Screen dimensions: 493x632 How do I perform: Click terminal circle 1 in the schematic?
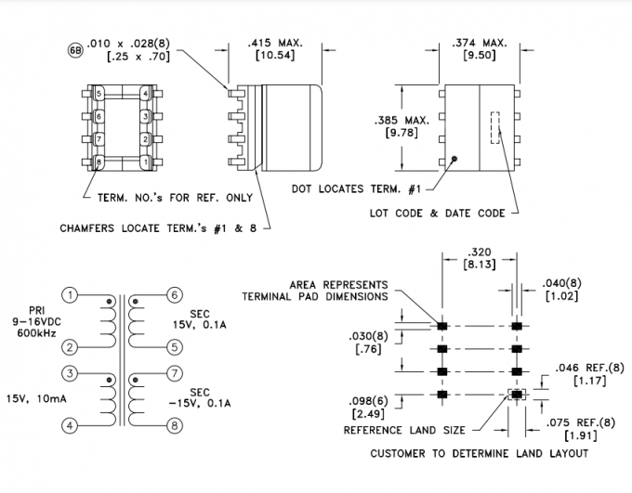71,295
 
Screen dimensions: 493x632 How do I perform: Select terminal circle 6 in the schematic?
173,295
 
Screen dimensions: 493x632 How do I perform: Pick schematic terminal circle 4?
71,426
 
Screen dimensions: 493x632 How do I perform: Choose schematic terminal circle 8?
173,426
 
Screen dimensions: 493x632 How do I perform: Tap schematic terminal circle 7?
173,373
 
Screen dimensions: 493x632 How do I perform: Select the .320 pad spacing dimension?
480,257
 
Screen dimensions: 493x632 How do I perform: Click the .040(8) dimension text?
563,290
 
